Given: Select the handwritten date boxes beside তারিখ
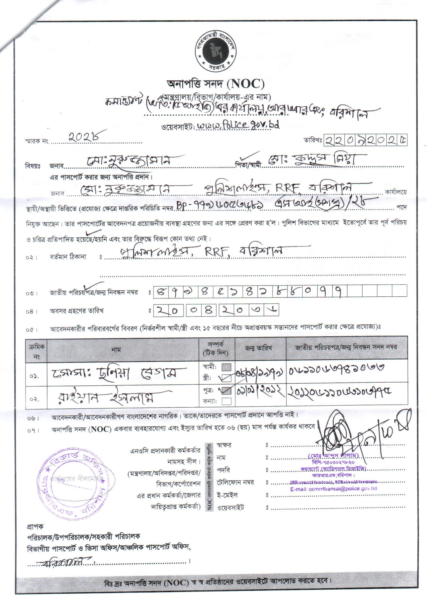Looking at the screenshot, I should click(x=365, y=140).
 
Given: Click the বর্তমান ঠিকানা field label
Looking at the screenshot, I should click(x=68, y=256).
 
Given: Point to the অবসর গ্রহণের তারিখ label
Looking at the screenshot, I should click(x=77, y=311).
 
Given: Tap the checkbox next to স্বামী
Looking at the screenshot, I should click(x=226, y=367).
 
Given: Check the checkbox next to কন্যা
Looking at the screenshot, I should click(x=226, y=401).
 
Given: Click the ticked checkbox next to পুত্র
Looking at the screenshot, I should click(x=226, y=390).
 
